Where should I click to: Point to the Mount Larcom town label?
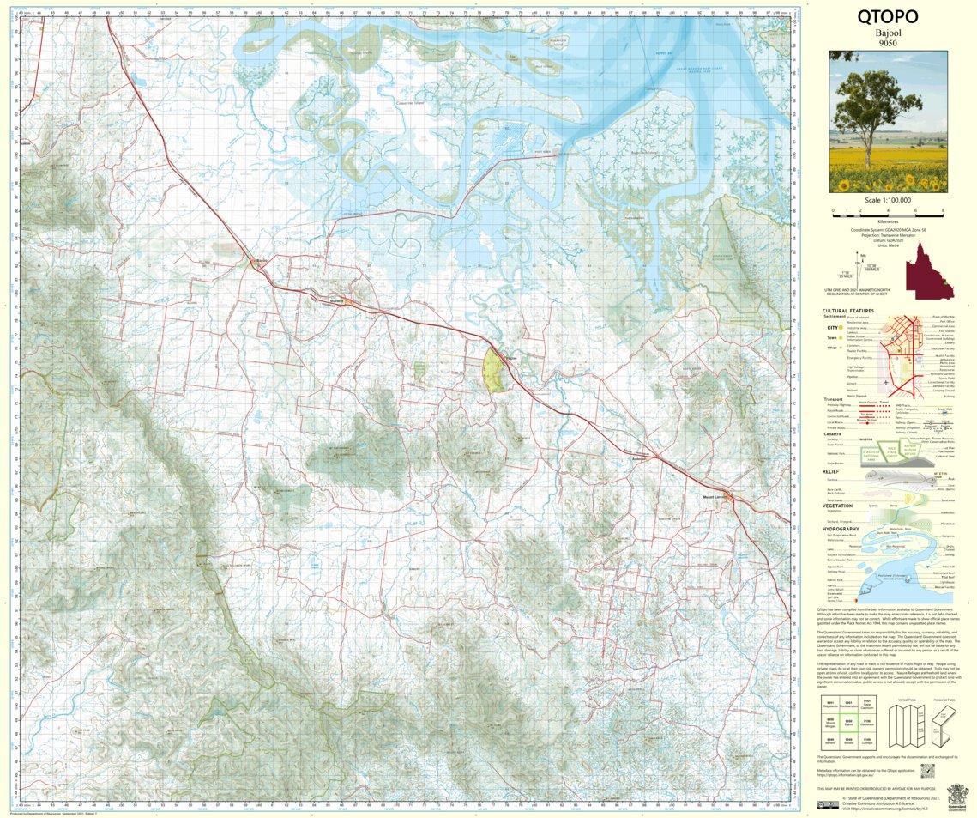pos(715,497)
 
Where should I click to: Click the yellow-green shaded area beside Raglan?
pos(492,372)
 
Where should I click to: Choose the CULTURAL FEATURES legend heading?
pos(847,311)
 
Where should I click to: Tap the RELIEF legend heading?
pos(830,471)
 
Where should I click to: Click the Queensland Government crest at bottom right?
pos(956,795)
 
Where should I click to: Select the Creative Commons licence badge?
pos(828,803)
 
